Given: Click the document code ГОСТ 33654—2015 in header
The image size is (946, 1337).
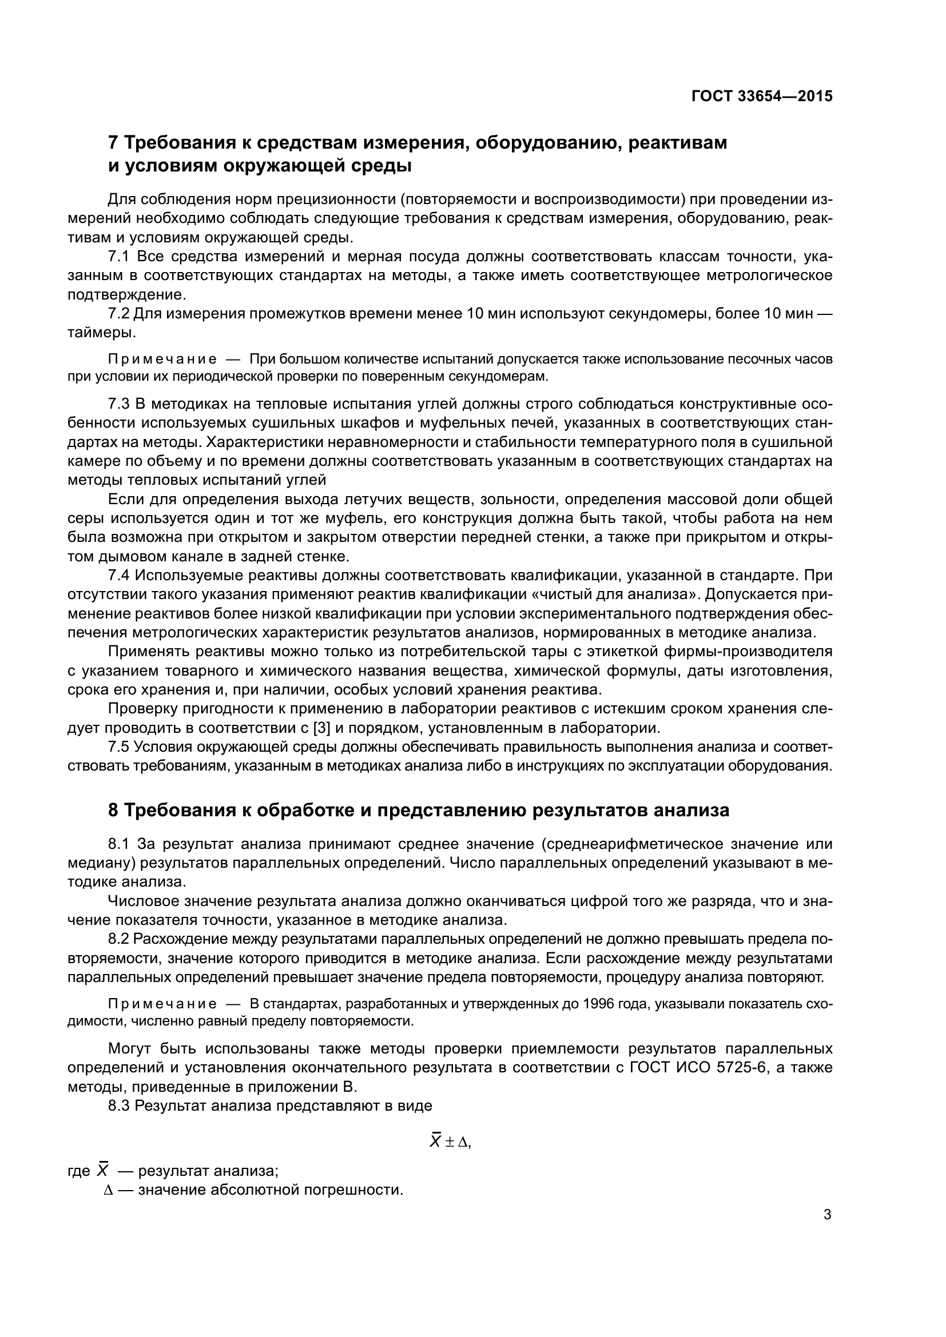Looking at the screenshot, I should pos(762,96).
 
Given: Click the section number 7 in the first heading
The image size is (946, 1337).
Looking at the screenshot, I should pos(114,142).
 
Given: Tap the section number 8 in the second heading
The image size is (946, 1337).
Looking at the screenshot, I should pos(114,810).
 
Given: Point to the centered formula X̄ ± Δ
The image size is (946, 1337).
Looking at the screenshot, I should pos(450,1143).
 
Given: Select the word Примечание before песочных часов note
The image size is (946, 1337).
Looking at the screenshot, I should pos(162,360).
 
